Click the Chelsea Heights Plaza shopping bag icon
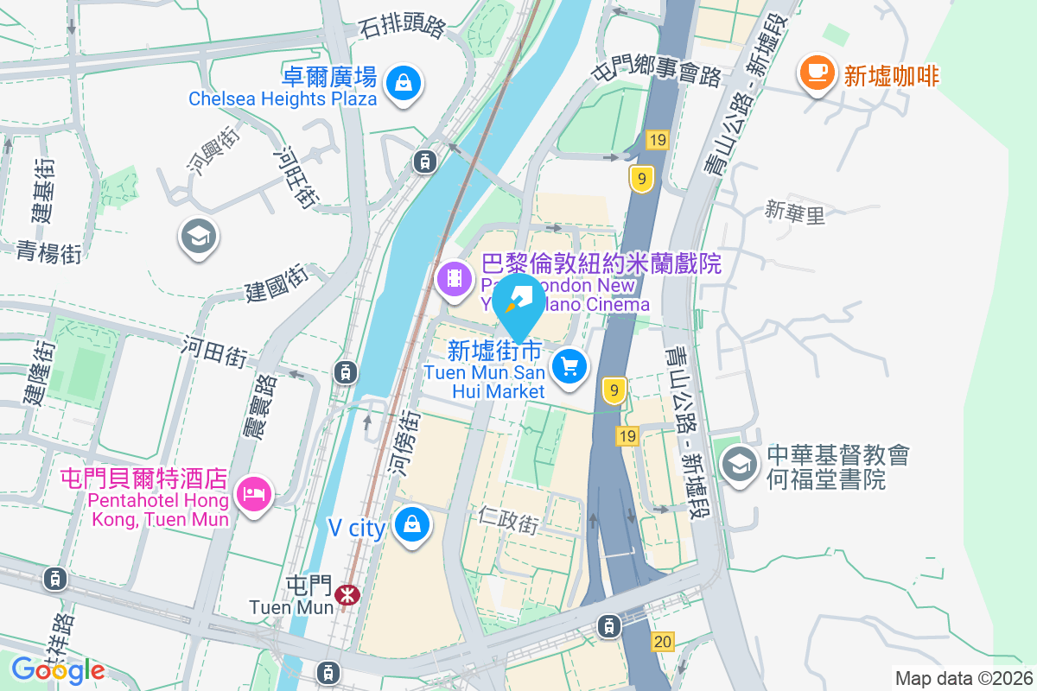tap(404, 83)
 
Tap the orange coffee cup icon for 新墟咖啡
tap(816, 73)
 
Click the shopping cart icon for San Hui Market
tap(569, 367)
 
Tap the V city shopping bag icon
tap(412, 524)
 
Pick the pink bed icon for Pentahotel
tap(252, 494)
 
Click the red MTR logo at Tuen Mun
tap(347, 594)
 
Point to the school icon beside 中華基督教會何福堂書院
tap(739, 466)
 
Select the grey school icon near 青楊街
tap(198, 236)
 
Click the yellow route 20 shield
tap(663, 641)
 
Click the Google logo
tap(58, 670)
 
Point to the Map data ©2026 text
tap(963, 678)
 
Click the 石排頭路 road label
tap(403, 28)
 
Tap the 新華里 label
tap(795, 211)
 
